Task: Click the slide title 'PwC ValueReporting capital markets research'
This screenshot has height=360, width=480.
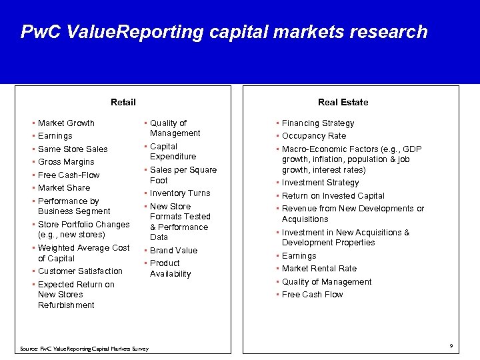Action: (223, 32)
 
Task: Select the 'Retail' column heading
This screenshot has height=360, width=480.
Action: (123, 102)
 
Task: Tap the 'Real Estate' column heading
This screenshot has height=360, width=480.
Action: (343, 102)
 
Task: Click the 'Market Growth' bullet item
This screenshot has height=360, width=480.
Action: (66, 123)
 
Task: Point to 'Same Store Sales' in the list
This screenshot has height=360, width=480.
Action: (73, 149)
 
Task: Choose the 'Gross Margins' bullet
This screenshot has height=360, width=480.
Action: (66, 162)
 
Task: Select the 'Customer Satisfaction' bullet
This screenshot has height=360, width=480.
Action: (80, 271)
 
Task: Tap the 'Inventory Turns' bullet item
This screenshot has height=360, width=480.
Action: (179, 193)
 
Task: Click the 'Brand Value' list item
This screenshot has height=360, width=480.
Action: (173, 251)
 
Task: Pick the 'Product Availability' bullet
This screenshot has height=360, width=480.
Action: (170, 269)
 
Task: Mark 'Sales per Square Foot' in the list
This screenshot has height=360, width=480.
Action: (183, 175)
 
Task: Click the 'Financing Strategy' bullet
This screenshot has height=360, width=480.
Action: (318, 123)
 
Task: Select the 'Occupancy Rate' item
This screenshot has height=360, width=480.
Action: (313, 136)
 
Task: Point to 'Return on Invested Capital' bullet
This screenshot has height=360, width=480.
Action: (333, 196)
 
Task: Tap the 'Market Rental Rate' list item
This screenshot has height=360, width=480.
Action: (319, 269)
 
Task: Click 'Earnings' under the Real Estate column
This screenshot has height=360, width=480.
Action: (299, 256)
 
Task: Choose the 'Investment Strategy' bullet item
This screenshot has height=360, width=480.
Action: (320, 183)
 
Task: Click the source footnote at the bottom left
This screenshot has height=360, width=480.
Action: (85, 349)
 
